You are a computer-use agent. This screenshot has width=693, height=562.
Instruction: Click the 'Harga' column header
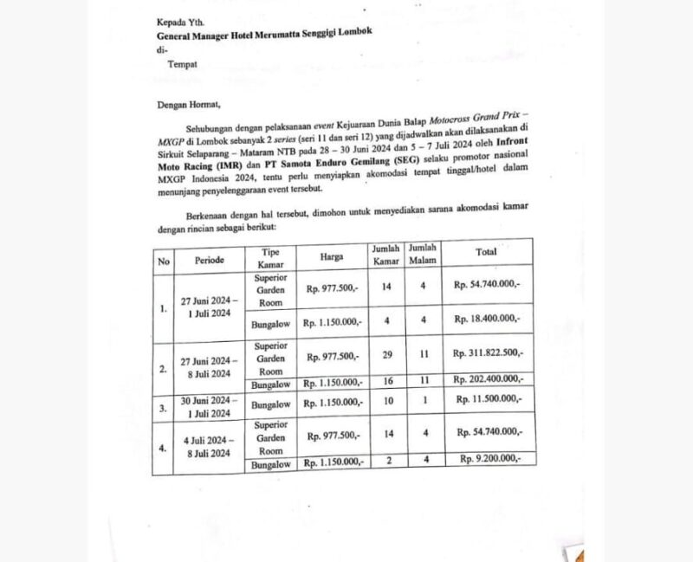click(331, 257)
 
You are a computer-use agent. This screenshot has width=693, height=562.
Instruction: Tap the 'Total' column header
click(486, 252)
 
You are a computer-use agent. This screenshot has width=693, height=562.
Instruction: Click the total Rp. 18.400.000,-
click(488, 320)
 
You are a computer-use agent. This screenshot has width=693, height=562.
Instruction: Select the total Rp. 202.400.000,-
click(489, 378)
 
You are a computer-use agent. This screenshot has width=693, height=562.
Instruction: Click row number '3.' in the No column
click(162, 405)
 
